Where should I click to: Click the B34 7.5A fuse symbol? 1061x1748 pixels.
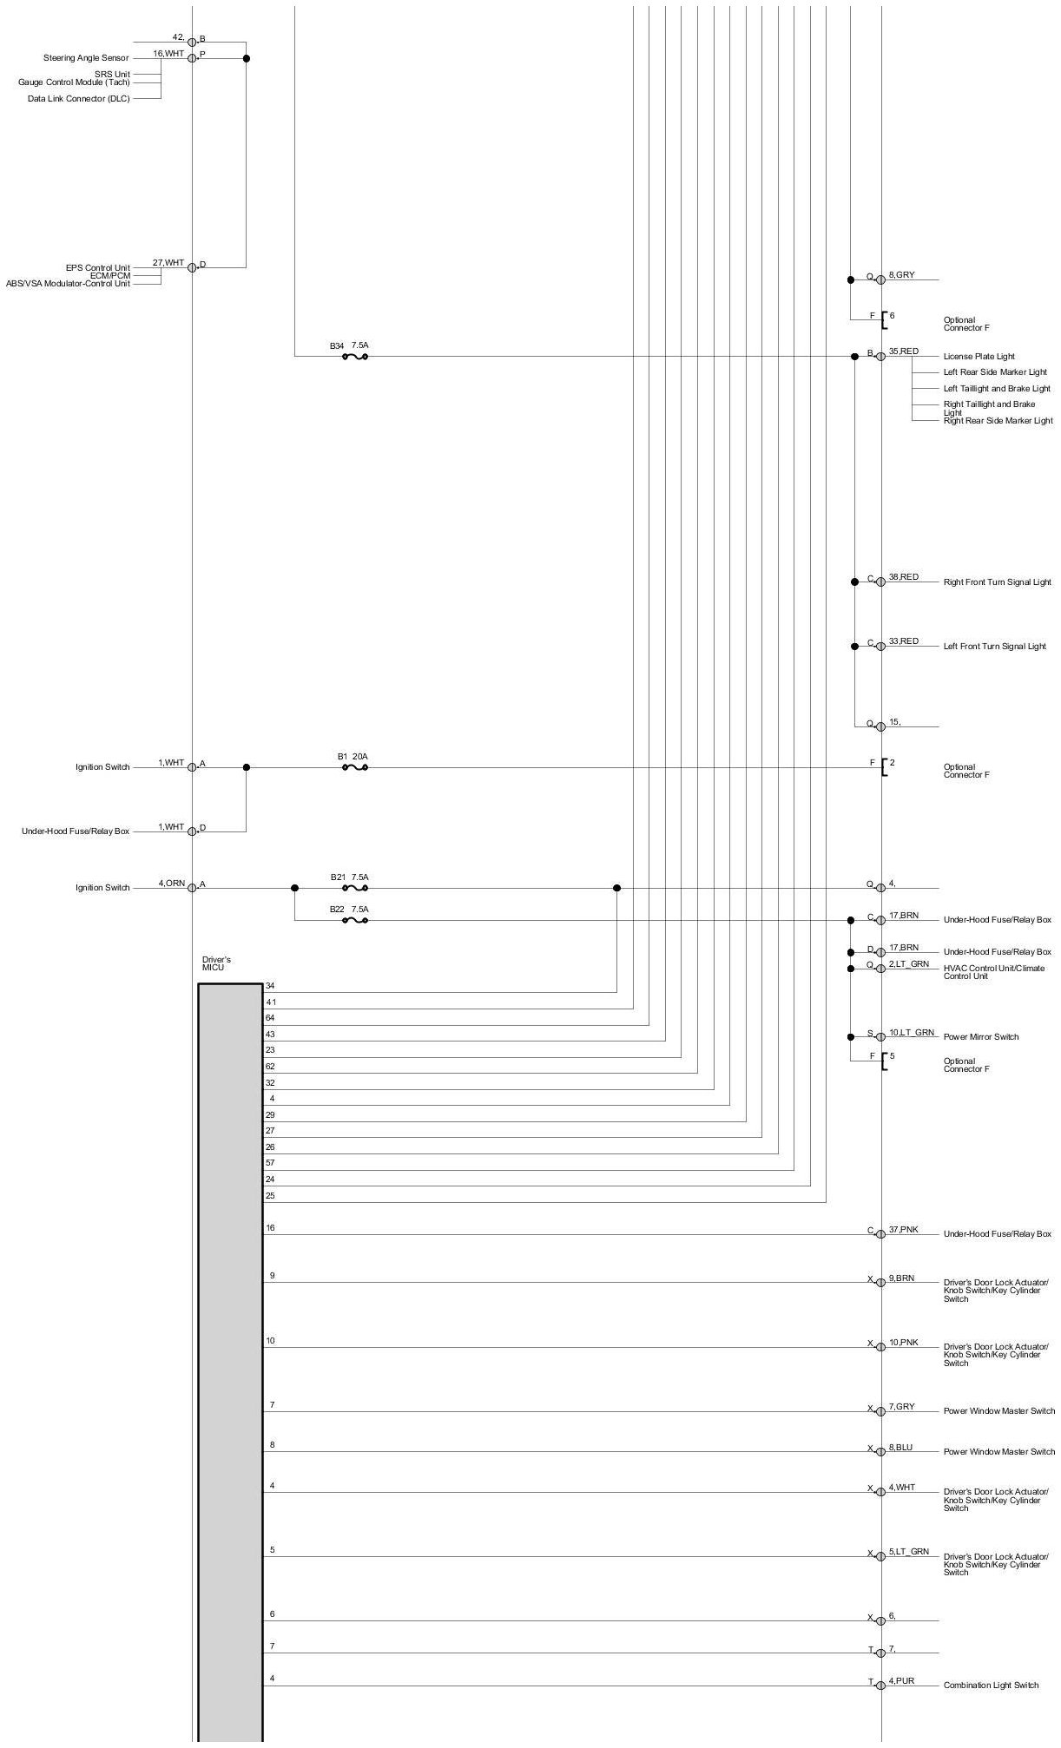(355, 356)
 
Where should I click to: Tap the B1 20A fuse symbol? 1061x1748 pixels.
(355, 767)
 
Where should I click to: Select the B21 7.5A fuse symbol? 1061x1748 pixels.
(355, 888)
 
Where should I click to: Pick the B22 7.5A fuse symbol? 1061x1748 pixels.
(355, 920)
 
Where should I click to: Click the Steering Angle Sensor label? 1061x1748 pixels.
(86, 58)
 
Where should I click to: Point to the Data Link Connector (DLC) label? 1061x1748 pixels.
(78, 99)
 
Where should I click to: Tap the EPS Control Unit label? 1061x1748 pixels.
(98, 268)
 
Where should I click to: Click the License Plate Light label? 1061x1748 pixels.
(979, 357)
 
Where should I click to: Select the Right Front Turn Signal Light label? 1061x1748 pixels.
(997, 582)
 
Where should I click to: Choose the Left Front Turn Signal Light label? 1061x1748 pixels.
(994, 647)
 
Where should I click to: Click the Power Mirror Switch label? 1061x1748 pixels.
(981, 1037)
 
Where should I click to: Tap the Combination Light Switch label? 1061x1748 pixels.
(991, 1686)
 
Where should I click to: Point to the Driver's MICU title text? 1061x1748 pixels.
(216, 963)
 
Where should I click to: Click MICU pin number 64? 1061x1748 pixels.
(270, 1018)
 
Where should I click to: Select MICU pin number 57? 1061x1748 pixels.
(270, 1163)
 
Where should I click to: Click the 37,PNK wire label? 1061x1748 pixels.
(903, 1230)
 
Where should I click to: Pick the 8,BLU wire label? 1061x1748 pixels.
(900, 1448)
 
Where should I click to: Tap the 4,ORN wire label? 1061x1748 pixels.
(171, 884)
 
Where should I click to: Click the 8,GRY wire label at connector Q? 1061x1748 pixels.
(901, 275)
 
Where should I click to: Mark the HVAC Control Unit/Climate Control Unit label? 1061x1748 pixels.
(993, 972)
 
